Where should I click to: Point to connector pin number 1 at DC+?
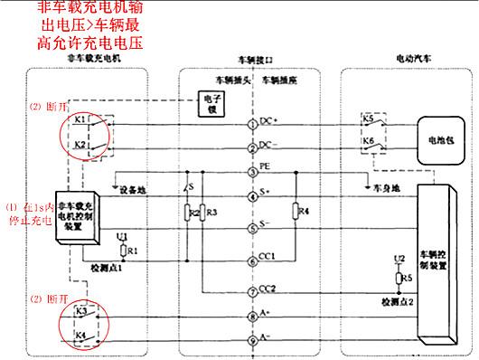coord(253,123)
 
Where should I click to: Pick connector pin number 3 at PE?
coord(253,171)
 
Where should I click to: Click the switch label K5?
coord(368,118)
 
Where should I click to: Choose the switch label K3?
coord(79,311)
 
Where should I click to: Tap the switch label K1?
coord(79,118)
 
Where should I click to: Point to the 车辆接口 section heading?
coord(252,57)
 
